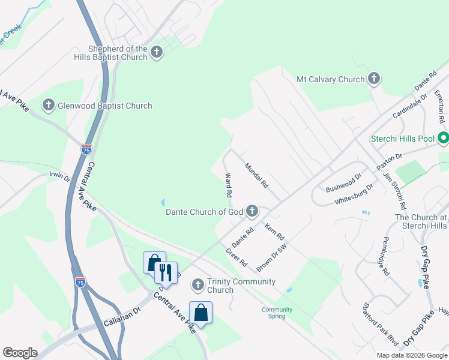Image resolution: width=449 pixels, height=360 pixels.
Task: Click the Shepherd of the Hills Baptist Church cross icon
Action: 156,53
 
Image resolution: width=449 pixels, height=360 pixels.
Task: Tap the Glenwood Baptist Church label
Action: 104,106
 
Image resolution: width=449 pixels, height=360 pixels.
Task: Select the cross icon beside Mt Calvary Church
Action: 373,79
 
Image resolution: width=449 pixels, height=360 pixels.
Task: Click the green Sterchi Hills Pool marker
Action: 444,139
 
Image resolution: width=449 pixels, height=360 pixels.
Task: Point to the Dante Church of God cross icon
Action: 252,211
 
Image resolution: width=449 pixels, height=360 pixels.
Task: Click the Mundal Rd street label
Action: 256,174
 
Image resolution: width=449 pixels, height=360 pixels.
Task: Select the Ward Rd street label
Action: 228,185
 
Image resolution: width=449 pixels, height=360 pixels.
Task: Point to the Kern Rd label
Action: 274,229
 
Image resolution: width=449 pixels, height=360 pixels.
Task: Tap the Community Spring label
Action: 277,313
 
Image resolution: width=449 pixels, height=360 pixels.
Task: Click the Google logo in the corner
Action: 20,353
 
